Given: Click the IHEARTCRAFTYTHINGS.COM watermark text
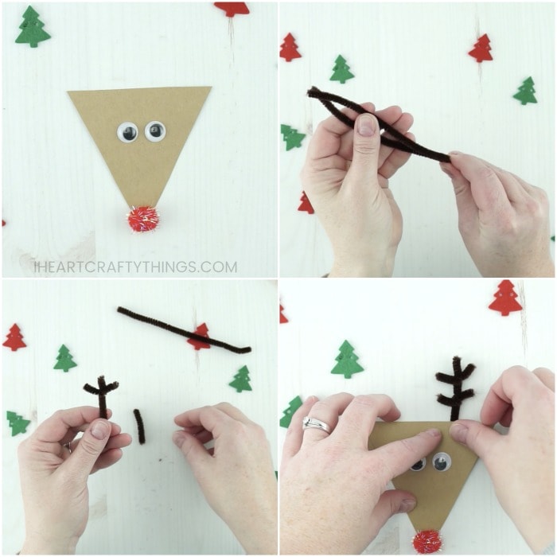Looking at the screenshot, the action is pyautogui.click(x=136, y=267).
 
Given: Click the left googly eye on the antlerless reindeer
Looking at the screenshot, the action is pyautogui.click(x=127, y=133).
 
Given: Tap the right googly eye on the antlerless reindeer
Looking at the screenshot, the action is pyautogui.click(x=155, y=130).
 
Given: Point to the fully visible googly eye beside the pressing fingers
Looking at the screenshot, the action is pyautogui.click(x=442, y=461).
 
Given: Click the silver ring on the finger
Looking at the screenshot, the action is pyautogui.click(x=316, y=425).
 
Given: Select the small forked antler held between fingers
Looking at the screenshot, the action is pyautogui.click(x=101, y=395).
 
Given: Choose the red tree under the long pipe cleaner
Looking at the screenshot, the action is pyautogui.click(x=199, y=337).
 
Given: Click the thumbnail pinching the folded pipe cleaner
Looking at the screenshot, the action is pyautogui.click(x=367, y=125).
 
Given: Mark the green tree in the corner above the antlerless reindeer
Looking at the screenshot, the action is pyautogui.click(x=33, y=26).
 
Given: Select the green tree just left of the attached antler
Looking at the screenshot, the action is pyautogui.click(x=348, y=359).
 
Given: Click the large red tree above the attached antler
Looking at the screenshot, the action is pyautogui.click(x=505, y=298).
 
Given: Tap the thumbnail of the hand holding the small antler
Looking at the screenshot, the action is pyautogui.click(x=100, y=430).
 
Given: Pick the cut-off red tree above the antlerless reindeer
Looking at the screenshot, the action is pyautogui.click(x=232, y=9).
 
